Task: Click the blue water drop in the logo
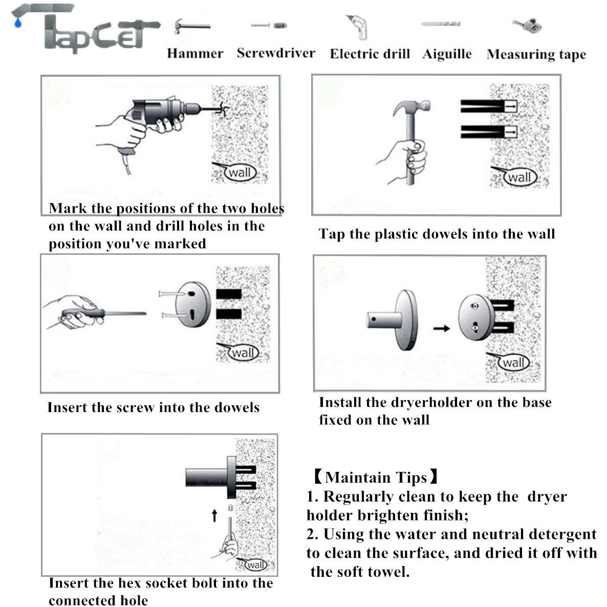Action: tap(17, 23)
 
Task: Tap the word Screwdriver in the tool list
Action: tap(276, 53)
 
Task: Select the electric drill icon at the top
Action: tap(357, 27)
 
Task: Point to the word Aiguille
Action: tap(447, 54)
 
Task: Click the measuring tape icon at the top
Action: tap(527, 26)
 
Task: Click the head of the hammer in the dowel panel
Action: tap(412, 106)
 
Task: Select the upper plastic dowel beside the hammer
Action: tap(489, 106)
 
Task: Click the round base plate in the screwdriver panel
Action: tap(192, 304)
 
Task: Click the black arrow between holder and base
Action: tap(441, 328)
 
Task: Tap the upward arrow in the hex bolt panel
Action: tap(214, 515)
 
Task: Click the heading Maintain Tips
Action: tap(376, 478)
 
